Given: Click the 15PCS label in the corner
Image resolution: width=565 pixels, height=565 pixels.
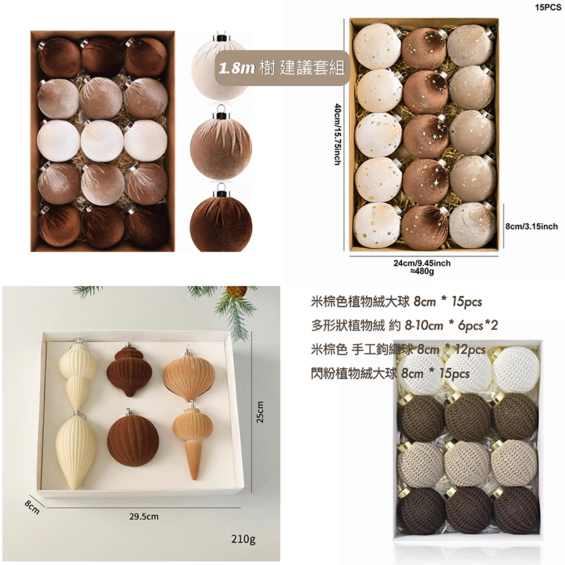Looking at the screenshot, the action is pos(548,7).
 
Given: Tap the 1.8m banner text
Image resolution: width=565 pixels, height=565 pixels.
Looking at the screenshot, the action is pos(237,67).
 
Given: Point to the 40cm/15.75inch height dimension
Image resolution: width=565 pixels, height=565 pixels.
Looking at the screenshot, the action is pos(338,134).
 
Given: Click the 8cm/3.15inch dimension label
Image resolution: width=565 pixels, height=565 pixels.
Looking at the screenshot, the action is pos(532,226).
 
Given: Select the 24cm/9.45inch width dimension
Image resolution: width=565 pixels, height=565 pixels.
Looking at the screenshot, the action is pos(422,263).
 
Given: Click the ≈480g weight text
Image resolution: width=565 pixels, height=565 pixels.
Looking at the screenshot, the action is pos(422,271).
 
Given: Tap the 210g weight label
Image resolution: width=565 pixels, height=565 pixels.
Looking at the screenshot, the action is pos(243,539).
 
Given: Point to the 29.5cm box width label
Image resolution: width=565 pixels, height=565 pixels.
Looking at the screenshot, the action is pos(144,516).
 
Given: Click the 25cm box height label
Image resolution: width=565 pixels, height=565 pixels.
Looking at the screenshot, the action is pos(261,412).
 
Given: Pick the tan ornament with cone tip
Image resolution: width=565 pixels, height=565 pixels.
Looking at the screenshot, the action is pos(191,439).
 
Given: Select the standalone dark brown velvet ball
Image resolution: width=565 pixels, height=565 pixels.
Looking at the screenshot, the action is pos(220,220).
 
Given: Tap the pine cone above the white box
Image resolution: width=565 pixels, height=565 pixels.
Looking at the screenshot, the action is pos(237,291).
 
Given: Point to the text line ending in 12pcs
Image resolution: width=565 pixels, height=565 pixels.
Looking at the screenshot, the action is pos(398,350).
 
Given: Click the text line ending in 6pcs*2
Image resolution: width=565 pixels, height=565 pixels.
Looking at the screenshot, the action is pos(404,326).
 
